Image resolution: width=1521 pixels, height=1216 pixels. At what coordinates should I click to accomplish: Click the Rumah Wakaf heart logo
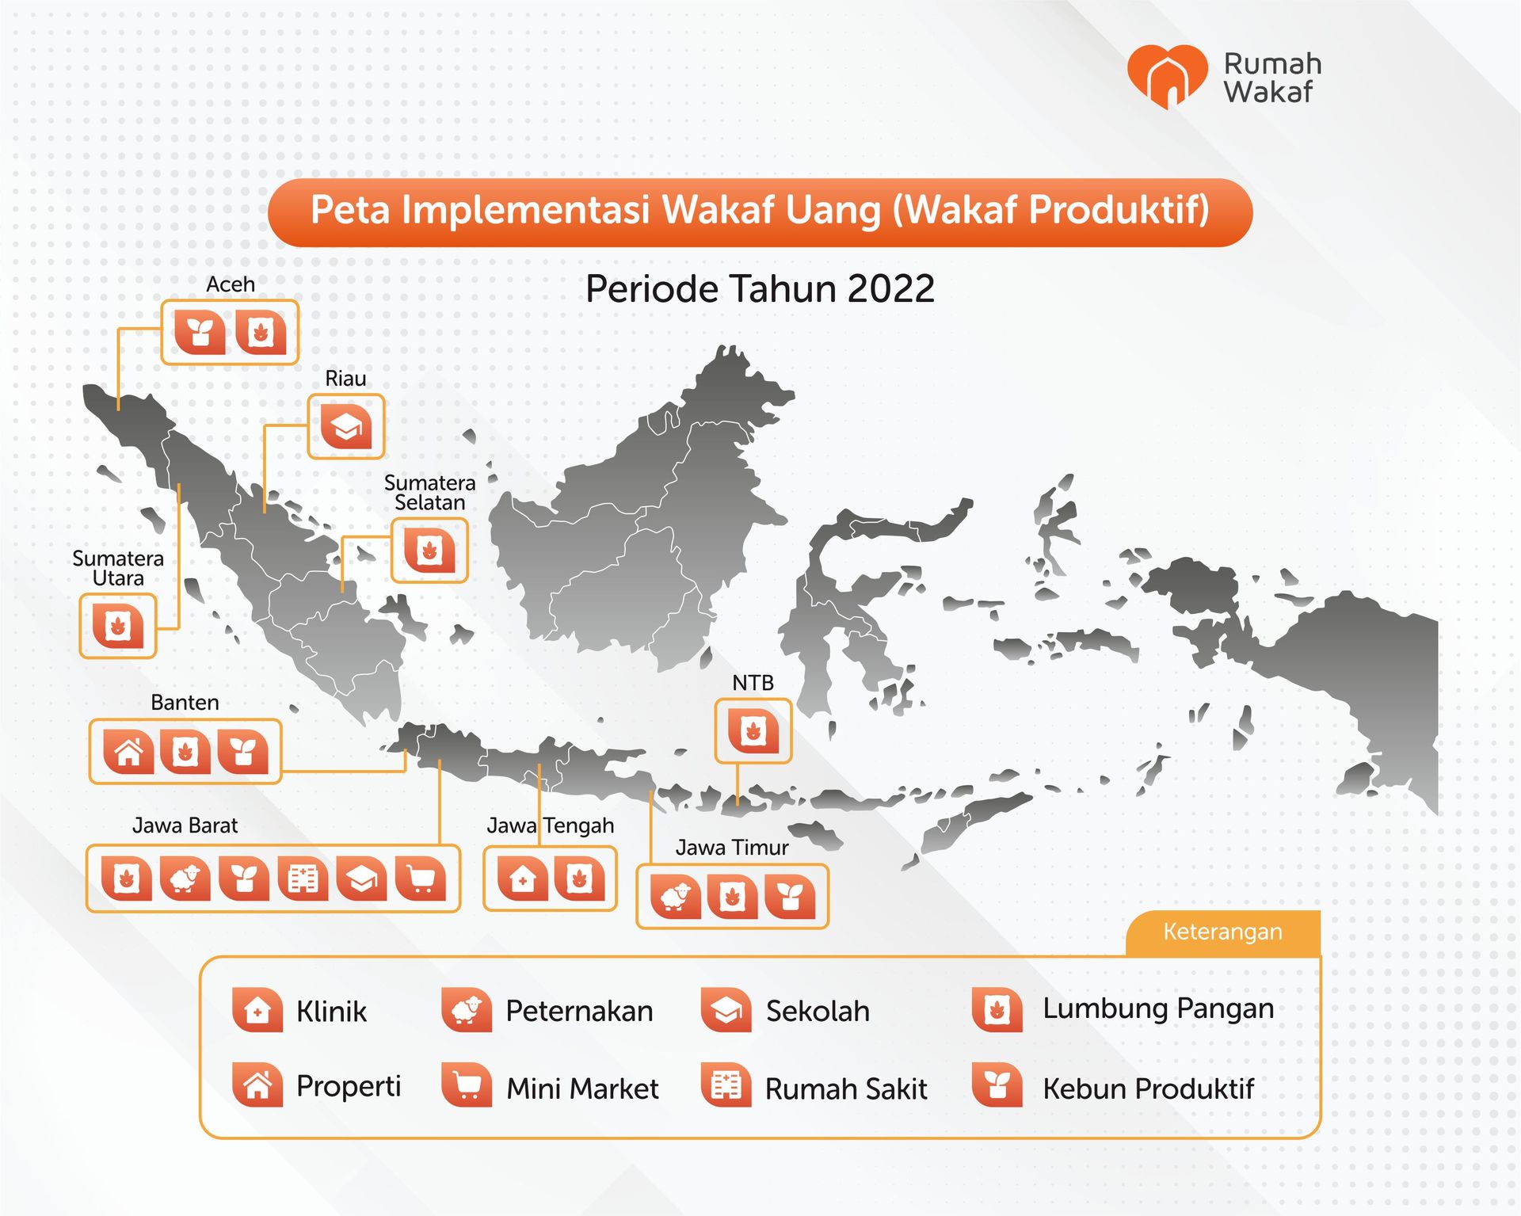click(1167, 76)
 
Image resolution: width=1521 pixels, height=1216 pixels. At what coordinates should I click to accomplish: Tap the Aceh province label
click(231, 284)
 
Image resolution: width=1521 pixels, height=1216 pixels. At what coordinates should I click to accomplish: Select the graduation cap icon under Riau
click(346, 426)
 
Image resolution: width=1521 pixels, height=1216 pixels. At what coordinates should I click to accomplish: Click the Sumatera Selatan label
click(429, 493)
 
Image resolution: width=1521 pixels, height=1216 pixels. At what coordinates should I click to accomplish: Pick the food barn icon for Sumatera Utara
click(118, 626)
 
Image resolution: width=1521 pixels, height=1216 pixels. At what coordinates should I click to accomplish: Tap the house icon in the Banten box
click(128, 751)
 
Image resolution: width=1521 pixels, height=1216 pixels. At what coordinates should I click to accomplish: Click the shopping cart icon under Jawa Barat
click(420, 879)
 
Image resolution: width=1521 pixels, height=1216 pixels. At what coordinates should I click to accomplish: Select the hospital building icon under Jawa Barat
click(303, 879)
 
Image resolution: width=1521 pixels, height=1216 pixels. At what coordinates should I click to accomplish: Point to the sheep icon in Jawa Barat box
click(185, 879)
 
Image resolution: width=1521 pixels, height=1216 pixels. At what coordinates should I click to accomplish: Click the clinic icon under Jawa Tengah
click(522, 879)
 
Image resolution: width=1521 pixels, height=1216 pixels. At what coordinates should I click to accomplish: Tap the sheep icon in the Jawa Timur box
click(675, 896)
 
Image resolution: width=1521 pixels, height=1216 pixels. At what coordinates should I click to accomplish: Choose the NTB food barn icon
click(753, 731)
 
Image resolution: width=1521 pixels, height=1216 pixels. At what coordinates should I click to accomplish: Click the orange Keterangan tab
click(1222, 932)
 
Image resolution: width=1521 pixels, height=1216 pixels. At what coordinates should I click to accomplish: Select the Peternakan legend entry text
click(579, 1012)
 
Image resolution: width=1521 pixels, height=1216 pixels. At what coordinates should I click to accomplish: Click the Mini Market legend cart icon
click(467, 1086)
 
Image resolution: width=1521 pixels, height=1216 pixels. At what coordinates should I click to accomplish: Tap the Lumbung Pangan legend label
click(1158, 1008)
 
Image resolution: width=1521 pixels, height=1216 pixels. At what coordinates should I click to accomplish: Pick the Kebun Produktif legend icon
click(997, 1086)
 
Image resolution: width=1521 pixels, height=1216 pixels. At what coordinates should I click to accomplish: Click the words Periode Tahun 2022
click(760, 289)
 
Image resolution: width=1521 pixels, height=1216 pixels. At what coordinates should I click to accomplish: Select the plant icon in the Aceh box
click(200, 332)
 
